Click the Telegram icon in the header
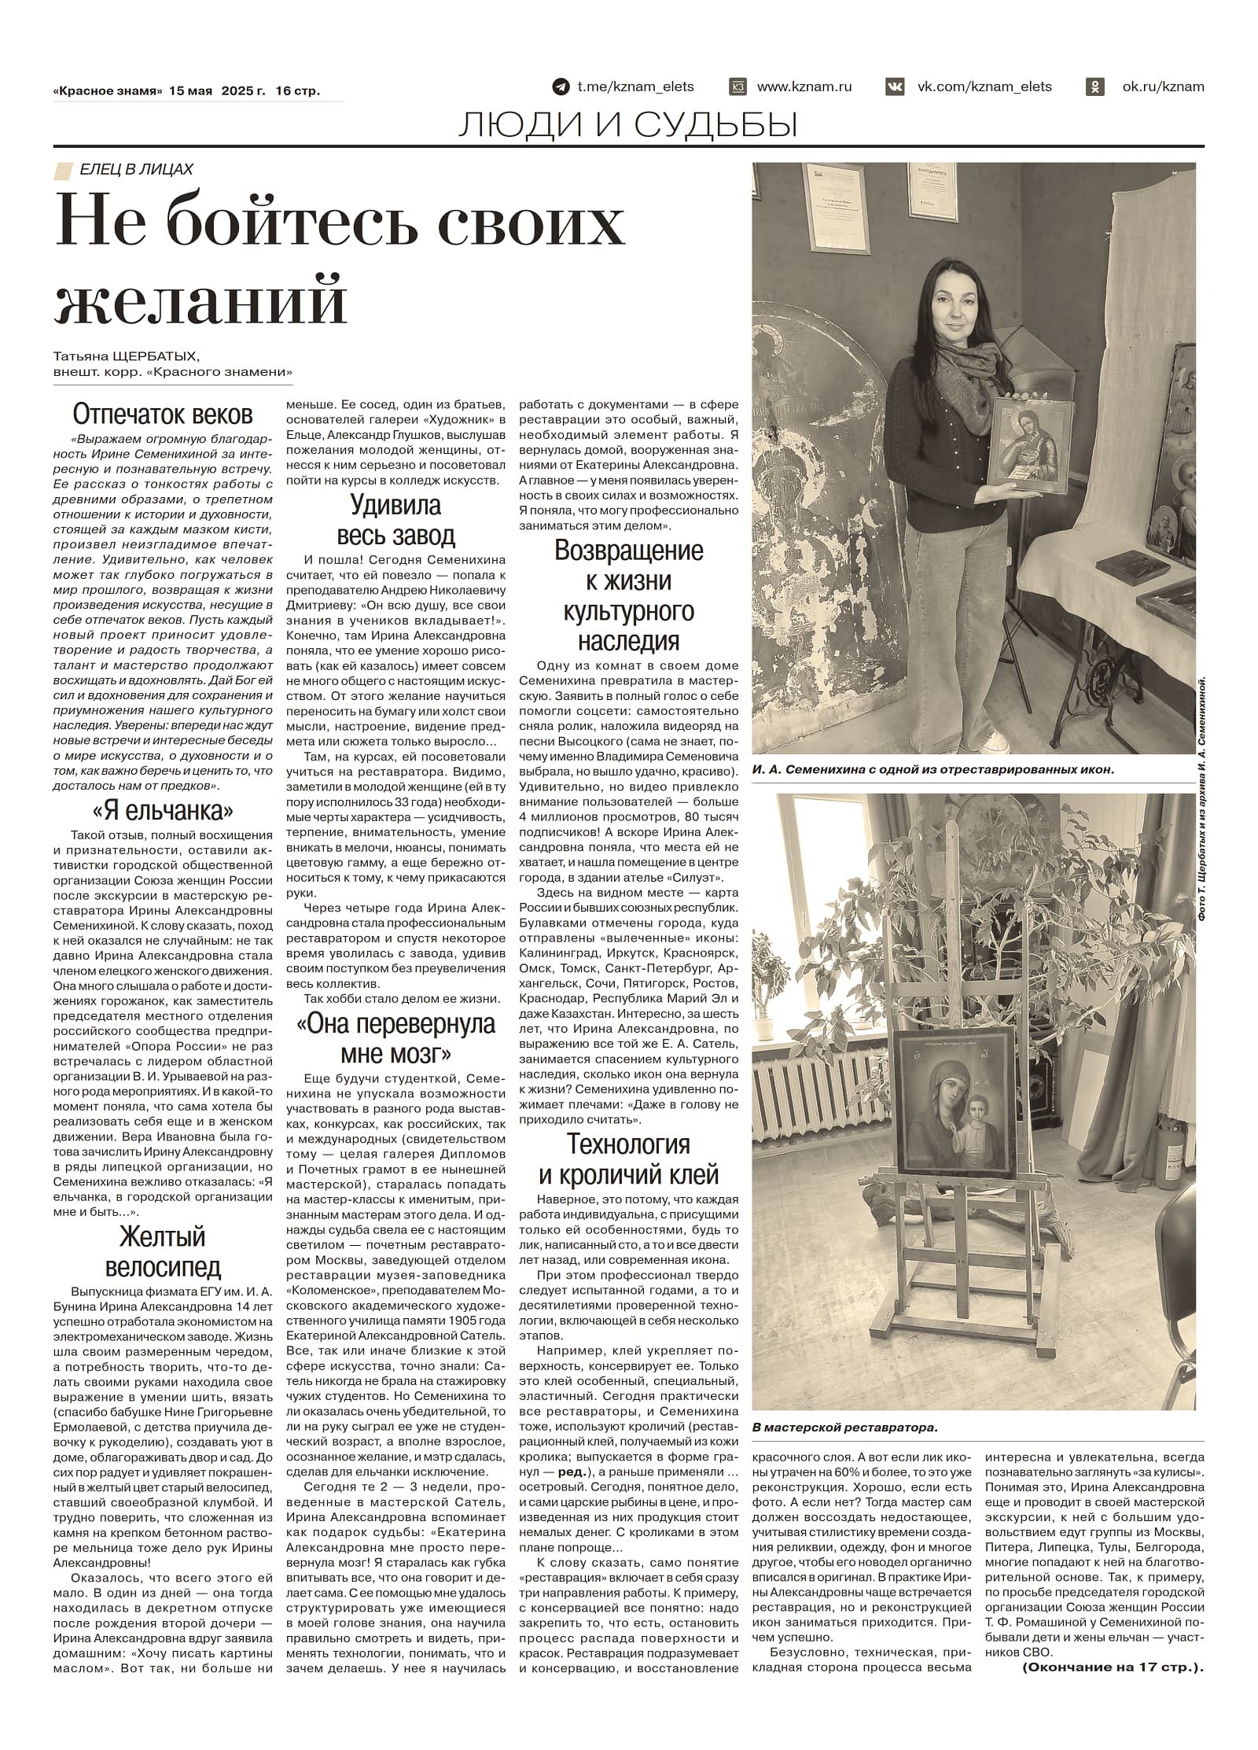tap(561, 87)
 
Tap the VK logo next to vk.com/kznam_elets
tap(895, 87)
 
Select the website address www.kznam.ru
tap(804, 87)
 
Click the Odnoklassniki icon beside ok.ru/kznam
tap(1094, 87)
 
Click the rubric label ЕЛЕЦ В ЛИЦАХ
tap(135, 169)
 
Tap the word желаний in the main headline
tap(201, 299)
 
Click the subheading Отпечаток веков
tap(163, 414)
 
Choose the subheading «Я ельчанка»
tap(163, 810)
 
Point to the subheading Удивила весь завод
tap(395, 520)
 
